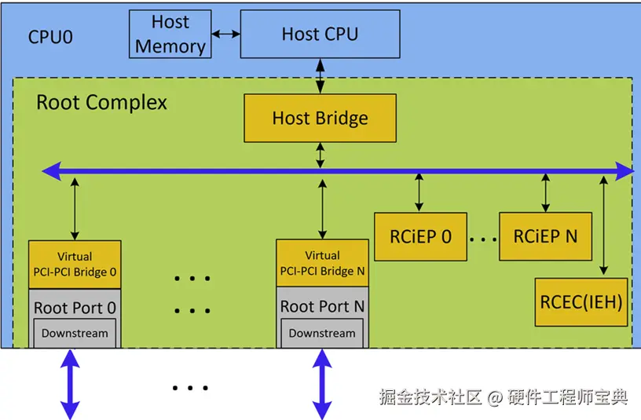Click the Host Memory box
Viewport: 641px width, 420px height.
click(170, 34)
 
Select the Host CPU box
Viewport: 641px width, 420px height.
click(320, 34)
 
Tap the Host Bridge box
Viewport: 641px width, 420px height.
click(320, 118)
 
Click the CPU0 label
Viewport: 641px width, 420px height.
click(50, 37)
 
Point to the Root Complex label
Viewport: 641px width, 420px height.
click(102, 102)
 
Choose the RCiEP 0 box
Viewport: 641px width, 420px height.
click(421, 236)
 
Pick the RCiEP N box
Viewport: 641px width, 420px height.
click(545, 236)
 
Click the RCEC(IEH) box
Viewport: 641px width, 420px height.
click(581, 302)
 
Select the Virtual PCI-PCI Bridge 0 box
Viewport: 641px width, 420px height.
click(75, 265)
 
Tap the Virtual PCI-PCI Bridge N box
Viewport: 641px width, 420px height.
click(323, 263)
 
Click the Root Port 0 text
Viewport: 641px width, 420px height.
click(75, 308)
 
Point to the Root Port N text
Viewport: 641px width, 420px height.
click(322, 306)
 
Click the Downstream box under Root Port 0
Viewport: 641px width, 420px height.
click(75, 334)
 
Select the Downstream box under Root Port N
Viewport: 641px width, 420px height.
click(322, 334)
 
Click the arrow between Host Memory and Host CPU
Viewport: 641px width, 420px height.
click(226, 34)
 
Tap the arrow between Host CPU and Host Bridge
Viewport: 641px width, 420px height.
click(320, 76)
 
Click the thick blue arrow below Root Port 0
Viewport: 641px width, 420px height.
click(71, 384)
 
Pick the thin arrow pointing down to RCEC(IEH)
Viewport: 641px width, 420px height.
click(603, 225)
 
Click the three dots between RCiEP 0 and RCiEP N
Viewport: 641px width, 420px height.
click(483, 239)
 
